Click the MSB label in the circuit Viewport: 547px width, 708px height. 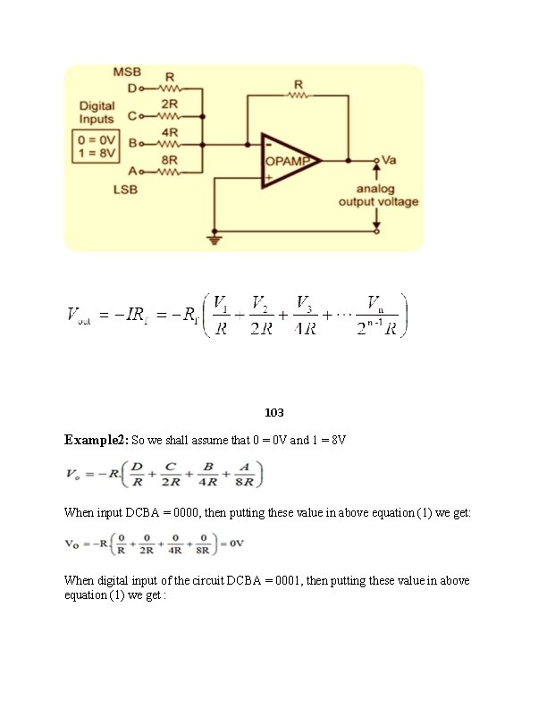127,72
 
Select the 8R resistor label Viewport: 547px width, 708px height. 169,160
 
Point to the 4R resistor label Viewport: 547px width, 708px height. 170,132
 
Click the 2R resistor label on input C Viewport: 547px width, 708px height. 170,104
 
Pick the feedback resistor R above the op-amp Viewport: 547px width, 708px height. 298,86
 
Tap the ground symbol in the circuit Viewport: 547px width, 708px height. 215,238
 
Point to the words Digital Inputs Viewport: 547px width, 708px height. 97,112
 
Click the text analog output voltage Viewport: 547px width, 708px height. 377,196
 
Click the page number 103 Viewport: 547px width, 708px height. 273,413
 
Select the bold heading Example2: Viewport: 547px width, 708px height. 97,441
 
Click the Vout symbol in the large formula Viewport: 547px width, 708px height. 79,316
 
